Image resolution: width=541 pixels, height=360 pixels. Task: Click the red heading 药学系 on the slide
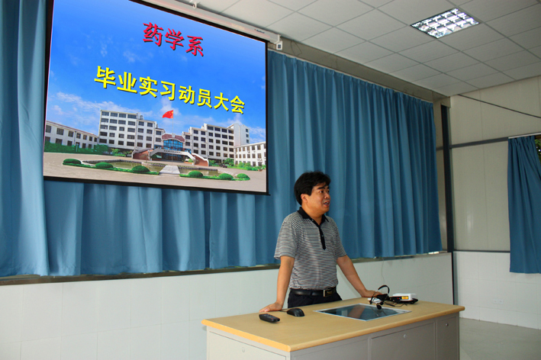[173, 39]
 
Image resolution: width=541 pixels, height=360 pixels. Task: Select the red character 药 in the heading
[153, 34]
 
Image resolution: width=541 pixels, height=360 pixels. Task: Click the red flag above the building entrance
[168, 114]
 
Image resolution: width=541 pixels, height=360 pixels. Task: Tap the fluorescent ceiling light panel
[445, 23]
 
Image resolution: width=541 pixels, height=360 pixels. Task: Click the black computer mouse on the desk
[296, 312]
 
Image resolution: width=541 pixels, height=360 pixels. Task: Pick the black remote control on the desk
[269, 318]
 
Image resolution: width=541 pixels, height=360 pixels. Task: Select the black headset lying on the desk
[381, 296]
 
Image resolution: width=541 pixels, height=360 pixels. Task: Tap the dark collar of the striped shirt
[311, 217]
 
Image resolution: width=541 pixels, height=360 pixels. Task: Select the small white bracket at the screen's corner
[279, 45]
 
